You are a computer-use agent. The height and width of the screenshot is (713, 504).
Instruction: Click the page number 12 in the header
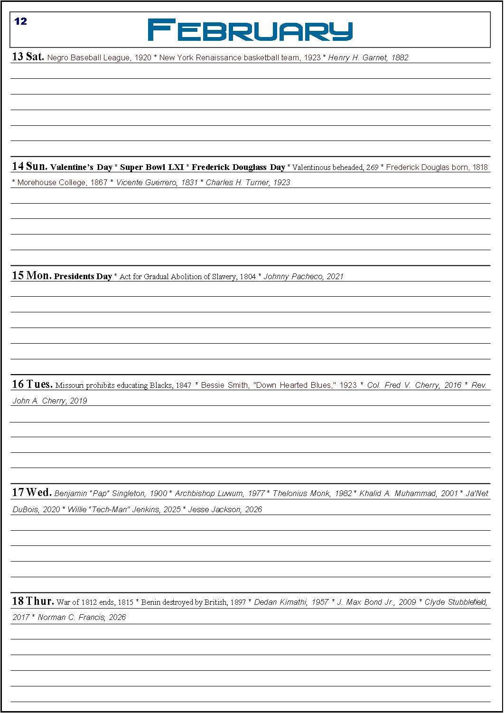tap(20, 21)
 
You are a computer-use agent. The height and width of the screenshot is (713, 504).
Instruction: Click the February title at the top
tap(250, 30)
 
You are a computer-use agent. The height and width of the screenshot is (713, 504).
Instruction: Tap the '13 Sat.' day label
tap(28, 57)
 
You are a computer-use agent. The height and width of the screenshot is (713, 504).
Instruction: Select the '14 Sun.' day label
tap(29, 166)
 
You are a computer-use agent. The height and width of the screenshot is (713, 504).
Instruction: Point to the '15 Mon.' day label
tap(31, 275)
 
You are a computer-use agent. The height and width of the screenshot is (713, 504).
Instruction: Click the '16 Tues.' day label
tap(32, 384)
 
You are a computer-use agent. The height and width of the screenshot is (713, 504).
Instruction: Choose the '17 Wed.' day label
tap(32, 492)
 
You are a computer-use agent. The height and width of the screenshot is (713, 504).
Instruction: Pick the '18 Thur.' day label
tap(33, 601)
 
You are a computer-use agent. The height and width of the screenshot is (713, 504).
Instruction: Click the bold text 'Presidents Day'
tap(83, 276)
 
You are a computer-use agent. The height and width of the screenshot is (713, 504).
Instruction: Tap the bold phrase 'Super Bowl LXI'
tap(152, 167)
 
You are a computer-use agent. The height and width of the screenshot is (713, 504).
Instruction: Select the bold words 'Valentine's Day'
tap(81, 167)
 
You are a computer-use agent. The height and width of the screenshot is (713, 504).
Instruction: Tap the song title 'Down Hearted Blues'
tap(295, 385)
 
